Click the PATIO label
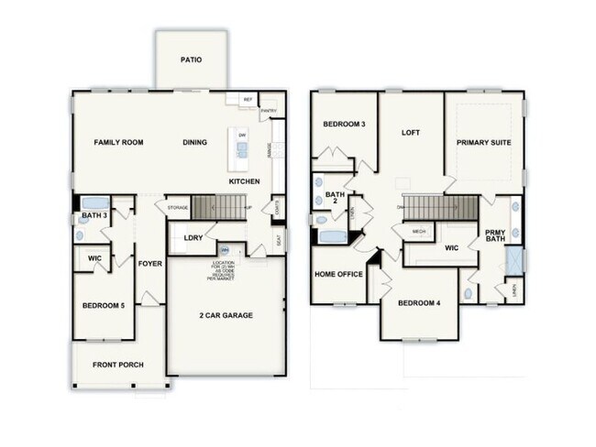point(191,60)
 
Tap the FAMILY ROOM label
point(119,142)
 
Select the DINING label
point(194,142)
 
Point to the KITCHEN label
point(244,181)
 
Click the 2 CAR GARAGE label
point(226,315)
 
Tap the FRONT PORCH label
point(117,365)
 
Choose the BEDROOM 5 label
point(103,305)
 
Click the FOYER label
point(149,264)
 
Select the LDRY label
point(193,238)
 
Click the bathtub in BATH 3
point(94,203)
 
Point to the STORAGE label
point(178,208)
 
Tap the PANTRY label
point(269,111)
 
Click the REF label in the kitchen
point(247,100)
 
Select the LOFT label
point(411,132)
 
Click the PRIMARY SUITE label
point(483,143)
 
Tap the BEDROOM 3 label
point(344,124)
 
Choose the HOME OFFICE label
point(337,273)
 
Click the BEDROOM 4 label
point(418,303)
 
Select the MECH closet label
point(418,231)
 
